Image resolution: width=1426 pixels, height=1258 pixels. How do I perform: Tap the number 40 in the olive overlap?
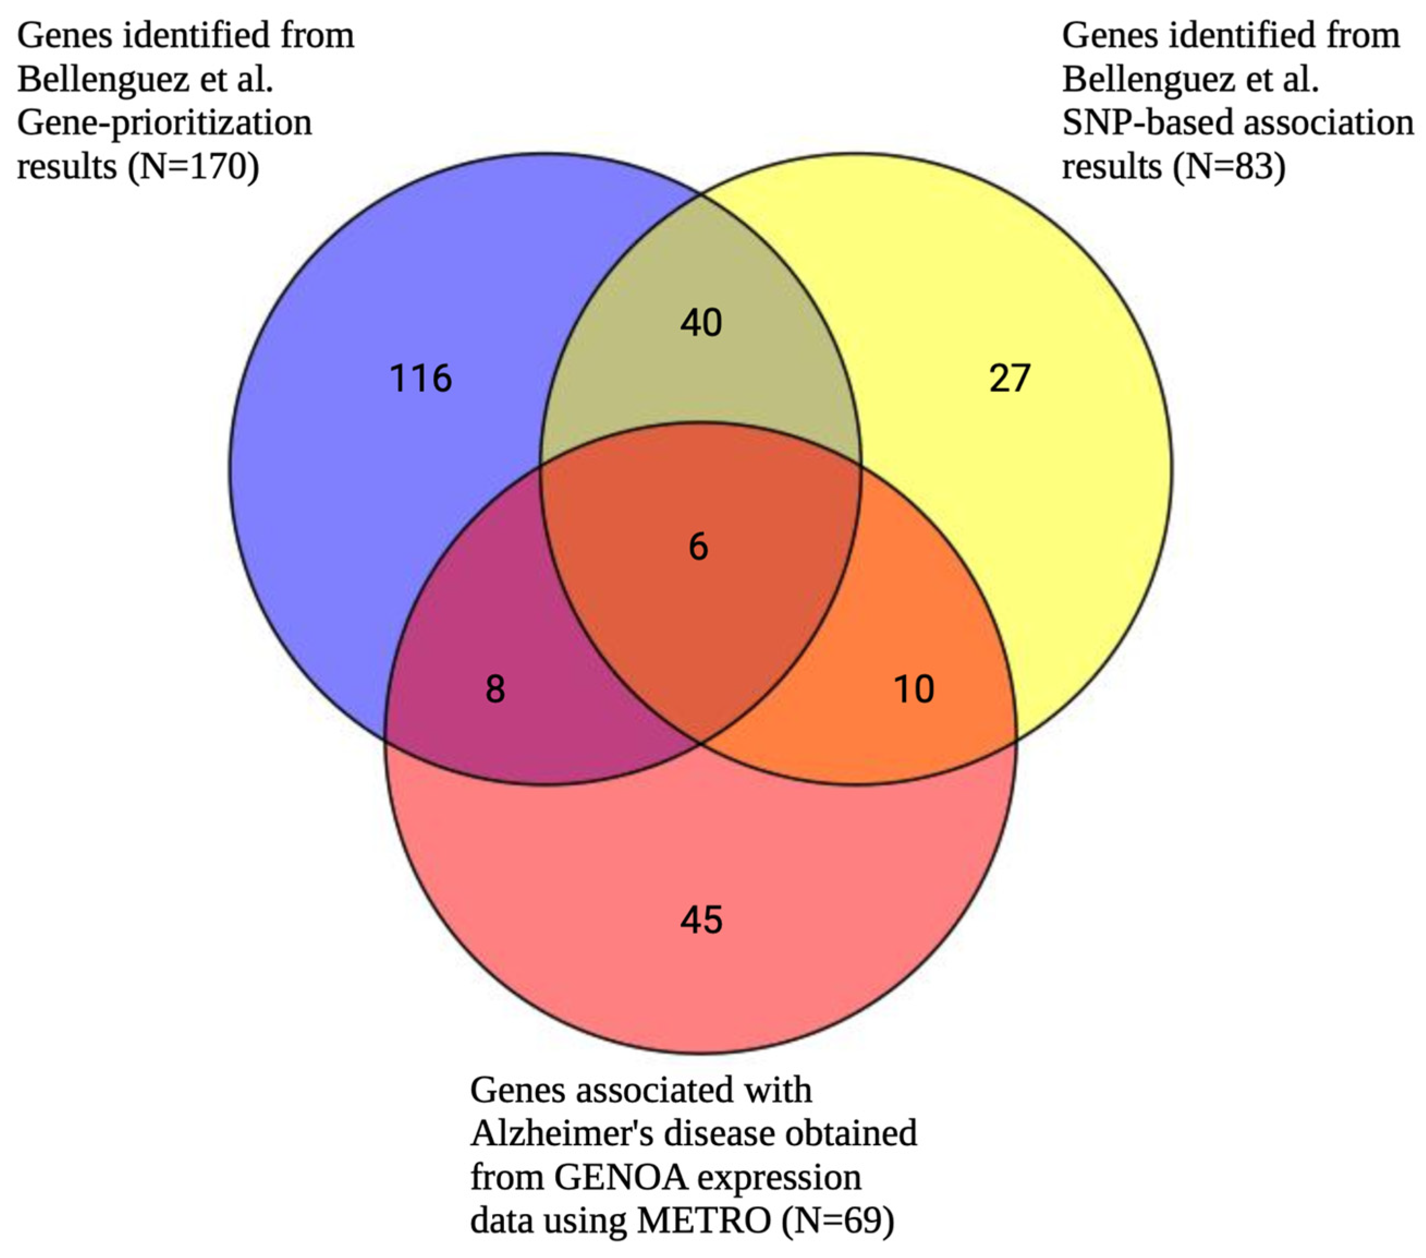click(x=701, y=323)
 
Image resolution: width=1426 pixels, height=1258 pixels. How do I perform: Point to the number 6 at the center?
click(x=699, y=546)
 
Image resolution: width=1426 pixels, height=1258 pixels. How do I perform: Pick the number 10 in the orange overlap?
click(x=914, y=689)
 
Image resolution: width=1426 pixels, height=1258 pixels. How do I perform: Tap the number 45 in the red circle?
click(x=701, y=920)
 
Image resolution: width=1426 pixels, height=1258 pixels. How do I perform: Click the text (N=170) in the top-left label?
click(x=194, y=167)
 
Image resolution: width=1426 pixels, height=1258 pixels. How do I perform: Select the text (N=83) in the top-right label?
click(x=1229, y=167)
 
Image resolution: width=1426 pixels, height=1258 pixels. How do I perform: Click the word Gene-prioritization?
click(x=164, y=123)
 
